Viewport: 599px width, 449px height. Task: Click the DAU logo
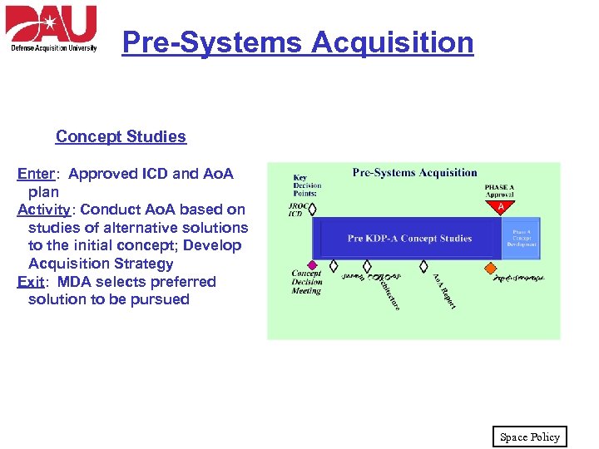pyautogui.click(x=52, y=28)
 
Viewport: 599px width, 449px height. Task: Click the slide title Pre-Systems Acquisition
pyautogui.click(x=297, y=42)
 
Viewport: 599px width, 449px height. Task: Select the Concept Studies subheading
pyautogui.click(x=121, y=136)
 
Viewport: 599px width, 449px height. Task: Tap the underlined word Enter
pyautogui.click(x=36, y=174)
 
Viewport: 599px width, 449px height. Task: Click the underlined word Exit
pyautogui.click(x=31, y=282)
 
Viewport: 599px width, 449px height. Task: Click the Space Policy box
pyautogui.click(x=529, y=437)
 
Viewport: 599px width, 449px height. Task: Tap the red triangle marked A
pyautogui.click(x=500, y=207)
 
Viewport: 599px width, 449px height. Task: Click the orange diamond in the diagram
pyautogui.click(x=490, y=268)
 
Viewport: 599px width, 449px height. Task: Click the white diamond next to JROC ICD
pyautogui.click(x=313, y=210)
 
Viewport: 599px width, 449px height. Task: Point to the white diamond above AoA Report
pyautogui.click(x=424, y=266)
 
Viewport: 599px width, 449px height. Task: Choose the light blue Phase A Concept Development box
pyautogui.click(x=522, y=238)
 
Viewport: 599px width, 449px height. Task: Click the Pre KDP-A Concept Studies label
pyautogui.click(x=409, y=239)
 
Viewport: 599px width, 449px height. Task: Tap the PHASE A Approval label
pyautogui.click(x=499, y=190)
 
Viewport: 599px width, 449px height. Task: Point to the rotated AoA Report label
pyautogui.click(x=443, y=291)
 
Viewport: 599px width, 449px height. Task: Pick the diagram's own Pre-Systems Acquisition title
pyautogui.click(x=414, y=173)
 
